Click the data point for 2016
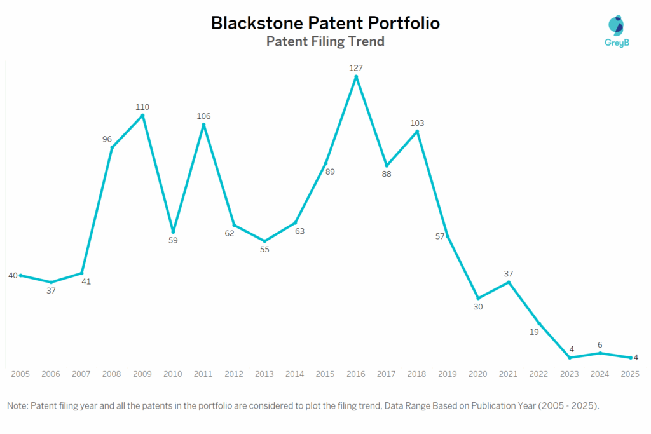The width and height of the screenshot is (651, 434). click(x=356, y=77)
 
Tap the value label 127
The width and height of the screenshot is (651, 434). click(x=356, y=67)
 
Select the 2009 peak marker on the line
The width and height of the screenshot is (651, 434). click(x=142, y=116)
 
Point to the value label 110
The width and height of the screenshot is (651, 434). click(x=142, y=107)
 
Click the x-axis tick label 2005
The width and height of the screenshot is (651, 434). click(x=20, y=374)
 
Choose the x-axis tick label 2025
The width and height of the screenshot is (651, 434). click(x=630, y=374)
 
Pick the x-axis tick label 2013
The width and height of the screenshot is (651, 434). click(x=264, y=374)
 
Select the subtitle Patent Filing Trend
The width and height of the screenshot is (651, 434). click(x=325, y=42)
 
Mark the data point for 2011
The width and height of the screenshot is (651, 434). click(x=203, y=125)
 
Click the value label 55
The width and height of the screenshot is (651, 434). click(x=264, y=250)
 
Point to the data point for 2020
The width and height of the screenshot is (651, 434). click(x=478, y=298)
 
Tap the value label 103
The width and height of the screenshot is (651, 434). click(x=417, y=123)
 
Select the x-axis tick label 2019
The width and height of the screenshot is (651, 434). click(x=448, y=374)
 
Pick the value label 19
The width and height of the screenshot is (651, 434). click(x=534, y=331)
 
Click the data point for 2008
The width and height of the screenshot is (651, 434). click(x=112, y=147)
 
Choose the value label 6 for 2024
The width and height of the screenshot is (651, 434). click(x=600, y=344)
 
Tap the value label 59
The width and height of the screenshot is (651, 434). click(x=173, y=241)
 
